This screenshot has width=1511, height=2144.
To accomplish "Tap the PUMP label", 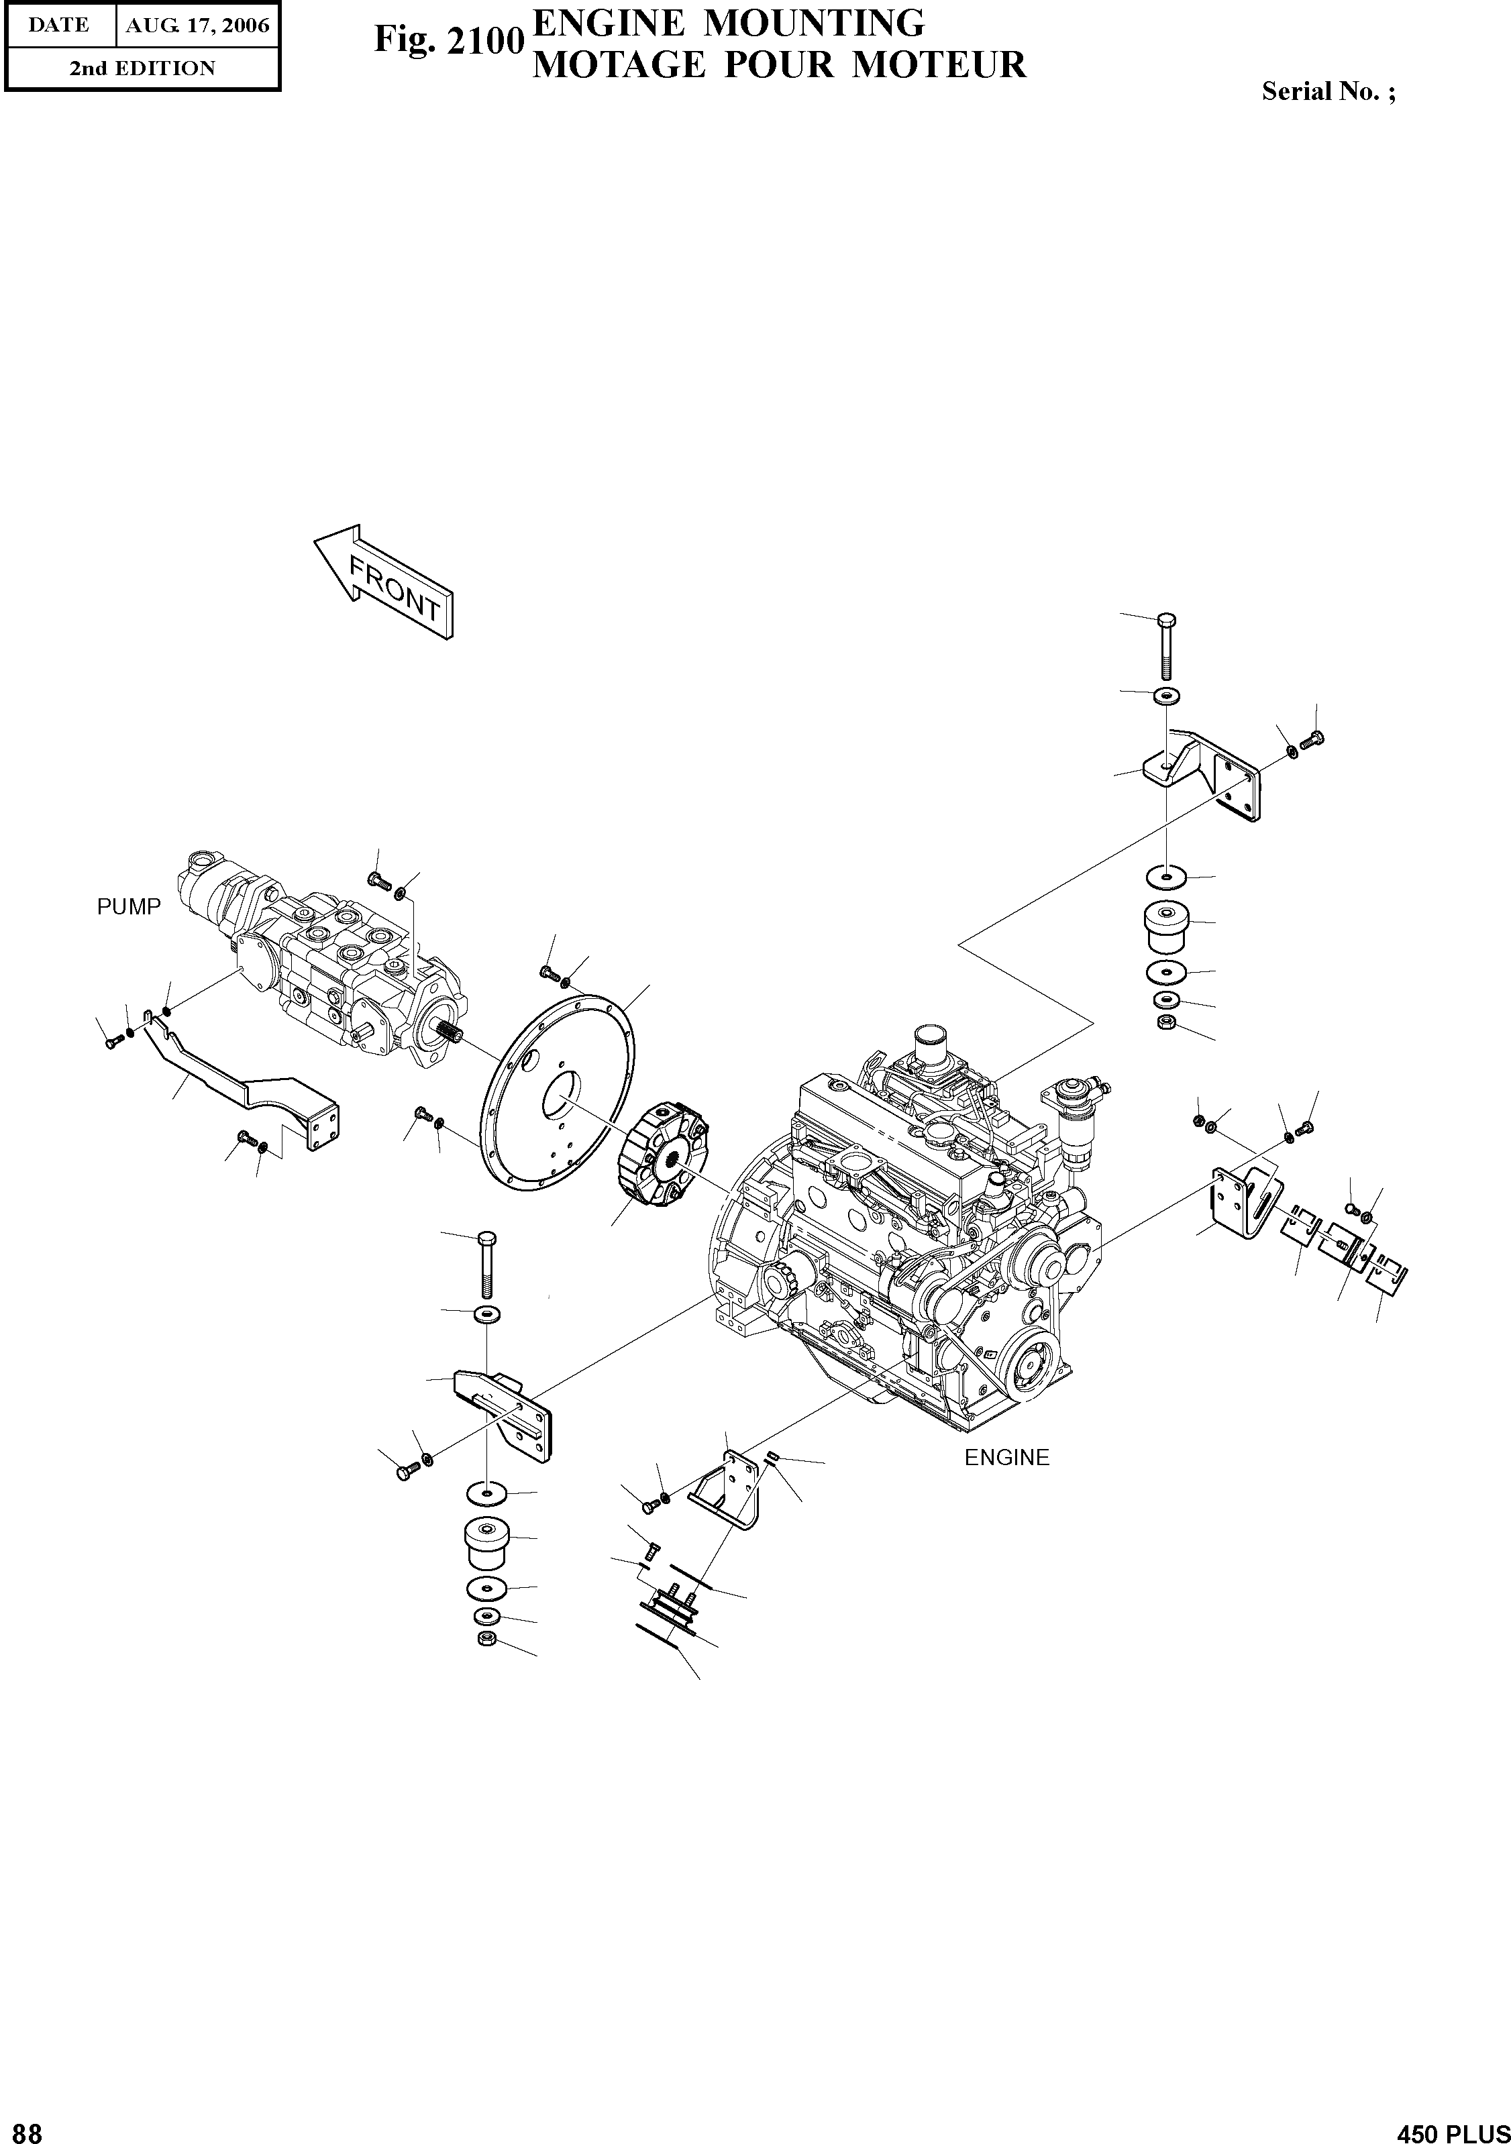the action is tap(129, 907).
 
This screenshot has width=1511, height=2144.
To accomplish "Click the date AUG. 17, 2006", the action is tap(197, 26).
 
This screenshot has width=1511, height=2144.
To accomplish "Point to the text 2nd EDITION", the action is tap(142, 68).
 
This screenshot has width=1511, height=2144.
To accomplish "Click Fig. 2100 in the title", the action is tap(446, 40).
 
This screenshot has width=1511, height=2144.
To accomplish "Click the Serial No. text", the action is tap(1328, 91).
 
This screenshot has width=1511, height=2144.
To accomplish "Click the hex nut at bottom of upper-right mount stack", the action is tap(1165, 1022).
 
